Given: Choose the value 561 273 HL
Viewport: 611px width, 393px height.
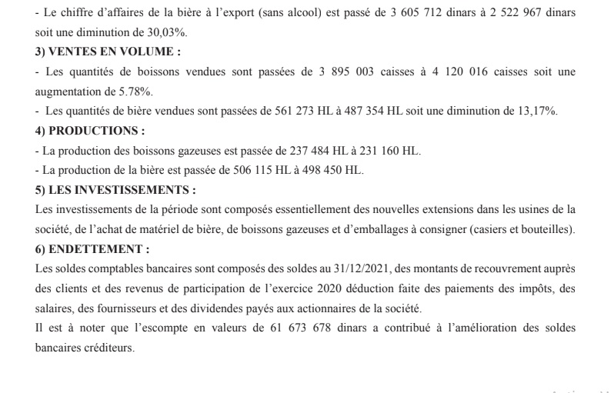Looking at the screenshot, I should pyautogui.click(x=304, y=111).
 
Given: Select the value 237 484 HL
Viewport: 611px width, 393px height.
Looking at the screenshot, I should pyautogui.click(x=298, y=150).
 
